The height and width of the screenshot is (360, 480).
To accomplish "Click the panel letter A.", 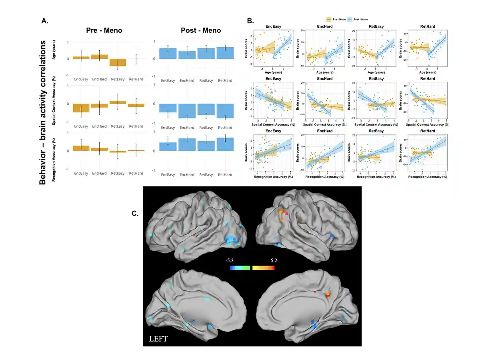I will coord(45,20).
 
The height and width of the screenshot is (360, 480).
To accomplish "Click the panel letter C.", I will coord(135,214).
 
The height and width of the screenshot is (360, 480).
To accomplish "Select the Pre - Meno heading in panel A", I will coord(105,30).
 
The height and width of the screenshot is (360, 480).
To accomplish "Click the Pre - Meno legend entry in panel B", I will coord(335,19).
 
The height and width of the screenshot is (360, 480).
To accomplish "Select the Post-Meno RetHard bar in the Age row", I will coord(225,53).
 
